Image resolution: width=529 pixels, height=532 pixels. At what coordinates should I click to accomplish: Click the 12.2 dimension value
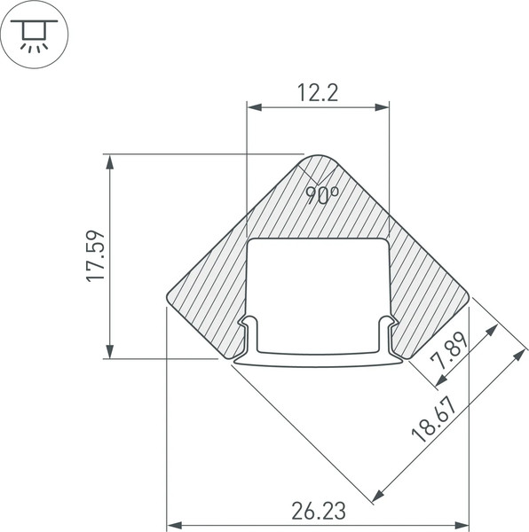point(317,92)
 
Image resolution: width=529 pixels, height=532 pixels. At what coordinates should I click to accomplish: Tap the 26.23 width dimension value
point(317,512)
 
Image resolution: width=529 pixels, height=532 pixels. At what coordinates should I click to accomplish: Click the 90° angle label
point(321,195)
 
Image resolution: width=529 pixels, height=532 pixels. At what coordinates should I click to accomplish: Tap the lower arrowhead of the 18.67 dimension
point(379,493)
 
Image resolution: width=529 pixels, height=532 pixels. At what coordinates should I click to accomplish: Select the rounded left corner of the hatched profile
point(171,296)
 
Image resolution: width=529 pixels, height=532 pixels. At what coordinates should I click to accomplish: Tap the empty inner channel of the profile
point(318,293)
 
